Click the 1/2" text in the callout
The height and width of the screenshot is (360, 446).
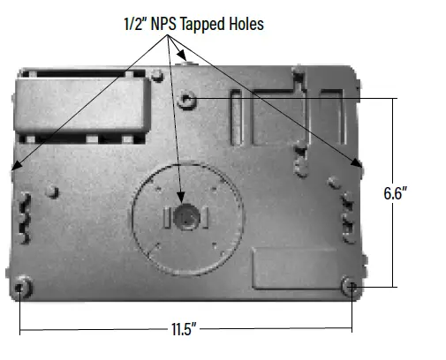click(x=135, y=25)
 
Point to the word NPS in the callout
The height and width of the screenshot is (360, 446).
click(x=165, y=25)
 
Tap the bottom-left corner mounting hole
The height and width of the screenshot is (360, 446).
click(x=23, y=287)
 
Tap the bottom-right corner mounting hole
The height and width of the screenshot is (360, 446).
click(x=350, y=286)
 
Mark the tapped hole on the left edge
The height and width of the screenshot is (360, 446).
click(x=15, y=165)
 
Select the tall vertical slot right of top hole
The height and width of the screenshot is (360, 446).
click(x=235, y=115)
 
